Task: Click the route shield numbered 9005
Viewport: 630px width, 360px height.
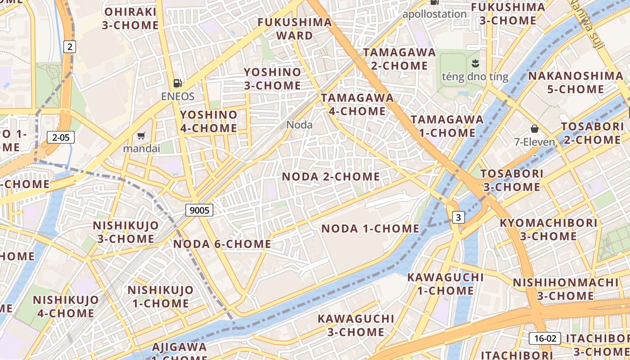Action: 199,210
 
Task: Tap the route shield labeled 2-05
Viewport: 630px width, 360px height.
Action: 61,137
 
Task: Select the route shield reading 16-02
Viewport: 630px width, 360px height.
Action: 545,338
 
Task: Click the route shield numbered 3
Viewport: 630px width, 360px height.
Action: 458,218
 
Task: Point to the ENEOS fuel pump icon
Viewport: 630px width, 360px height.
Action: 178,83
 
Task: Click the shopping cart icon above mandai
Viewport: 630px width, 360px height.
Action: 141,135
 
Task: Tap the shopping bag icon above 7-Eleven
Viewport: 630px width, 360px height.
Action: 535,129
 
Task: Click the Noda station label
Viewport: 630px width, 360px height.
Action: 299,125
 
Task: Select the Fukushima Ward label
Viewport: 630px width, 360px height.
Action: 295,29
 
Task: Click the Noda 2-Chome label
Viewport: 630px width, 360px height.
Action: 331,177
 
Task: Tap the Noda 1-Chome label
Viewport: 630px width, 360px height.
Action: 370,229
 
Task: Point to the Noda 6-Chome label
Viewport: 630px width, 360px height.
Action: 222,244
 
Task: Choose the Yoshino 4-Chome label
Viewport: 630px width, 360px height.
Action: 209,121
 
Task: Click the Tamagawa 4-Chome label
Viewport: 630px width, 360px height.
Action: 357,104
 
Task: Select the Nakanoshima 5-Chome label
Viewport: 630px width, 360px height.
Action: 576,82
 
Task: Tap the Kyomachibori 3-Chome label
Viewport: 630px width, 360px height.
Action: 549,229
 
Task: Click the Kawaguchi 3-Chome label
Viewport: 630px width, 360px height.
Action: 356,325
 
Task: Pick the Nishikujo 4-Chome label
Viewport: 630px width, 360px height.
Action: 66,306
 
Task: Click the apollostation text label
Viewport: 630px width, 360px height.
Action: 434,14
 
